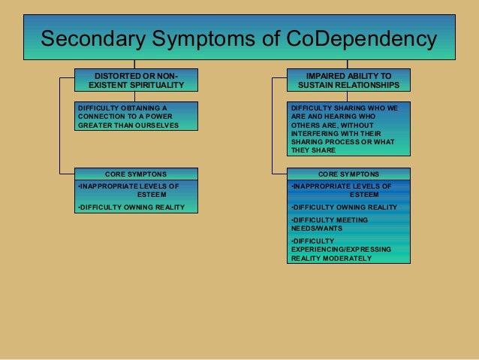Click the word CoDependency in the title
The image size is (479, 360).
363,38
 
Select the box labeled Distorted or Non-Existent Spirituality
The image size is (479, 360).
136,80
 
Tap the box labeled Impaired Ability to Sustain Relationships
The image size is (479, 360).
348,80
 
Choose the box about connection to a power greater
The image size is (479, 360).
136,116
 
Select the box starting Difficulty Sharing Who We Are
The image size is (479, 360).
348,129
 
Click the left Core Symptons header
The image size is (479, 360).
136,174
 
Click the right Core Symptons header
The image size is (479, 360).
348,174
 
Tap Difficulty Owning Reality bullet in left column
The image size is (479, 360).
131,207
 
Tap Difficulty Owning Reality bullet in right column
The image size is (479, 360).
344,207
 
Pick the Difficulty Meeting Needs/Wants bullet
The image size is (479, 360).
329,224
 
